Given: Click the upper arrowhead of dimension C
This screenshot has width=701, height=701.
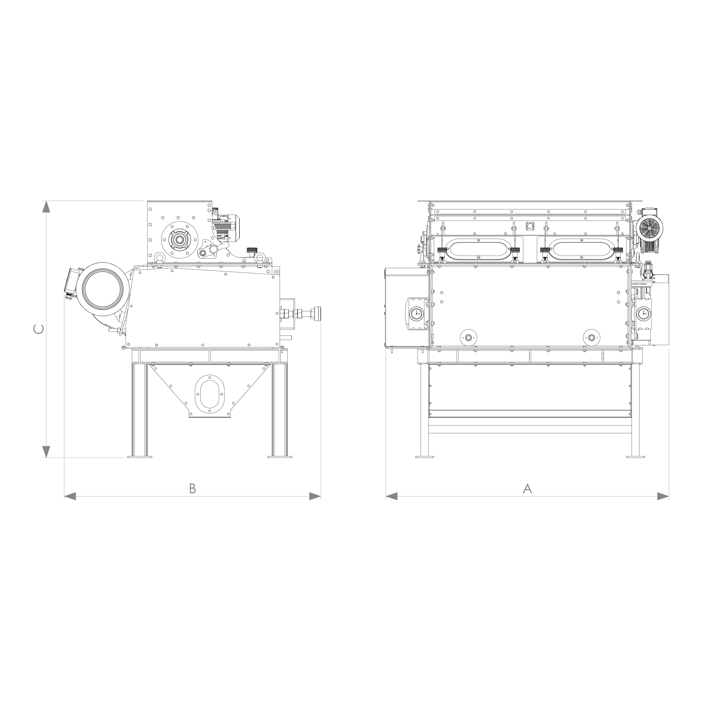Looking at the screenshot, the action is (x=46, y=207).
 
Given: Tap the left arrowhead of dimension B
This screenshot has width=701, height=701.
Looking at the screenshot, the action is (x=70, y=496).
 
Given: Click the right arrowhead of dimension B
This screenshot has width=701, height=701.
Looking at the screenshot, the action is (x=315, y=496).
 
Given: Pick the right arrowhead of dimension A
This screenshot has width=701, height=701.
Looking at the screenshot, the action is (x=663, y=496).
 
